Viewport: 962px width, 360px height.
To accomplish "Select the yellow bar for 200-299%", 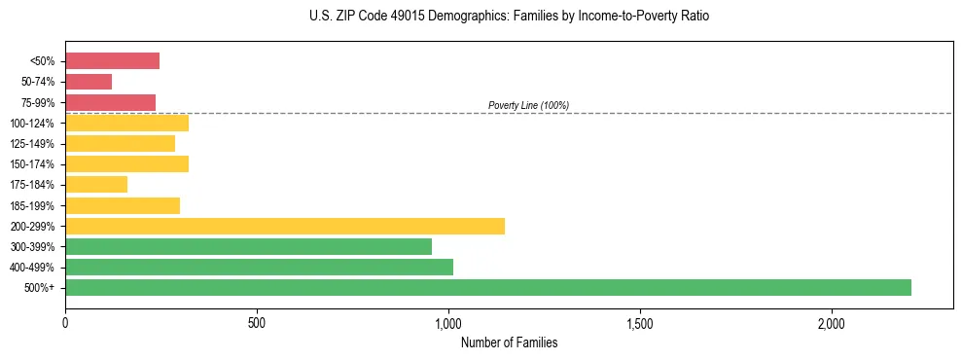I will pos(285,226).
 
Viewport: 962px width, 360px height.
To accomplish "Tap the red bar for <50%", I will pos(112,61).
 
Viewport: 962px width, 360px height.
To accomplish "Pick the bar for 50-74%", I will pos(89,82).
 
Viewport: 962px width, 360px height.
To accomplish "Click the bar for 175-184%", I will pos(96,185).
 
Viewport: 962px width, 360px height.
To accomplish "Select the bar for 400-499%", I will pos(259,267).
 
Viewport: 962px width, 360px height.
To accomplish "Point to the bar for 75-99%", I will pos(110,102).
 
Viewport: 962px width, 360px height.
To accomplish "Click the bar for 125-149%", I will pos(120,143).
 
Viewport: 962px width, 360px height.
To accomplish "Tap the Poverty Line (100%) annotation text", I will pos(528,105).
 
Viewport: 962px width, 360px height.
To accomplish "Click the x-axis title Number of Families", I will pos(509,343).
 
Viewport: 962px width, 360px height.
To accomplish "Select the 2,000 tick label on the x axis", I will pos(832,323).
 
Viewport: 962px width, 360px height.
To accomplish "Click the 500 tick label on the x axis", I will pos(257,323).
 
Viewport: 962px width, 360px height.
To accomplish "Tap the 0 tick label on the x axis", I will pos(65,323).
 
